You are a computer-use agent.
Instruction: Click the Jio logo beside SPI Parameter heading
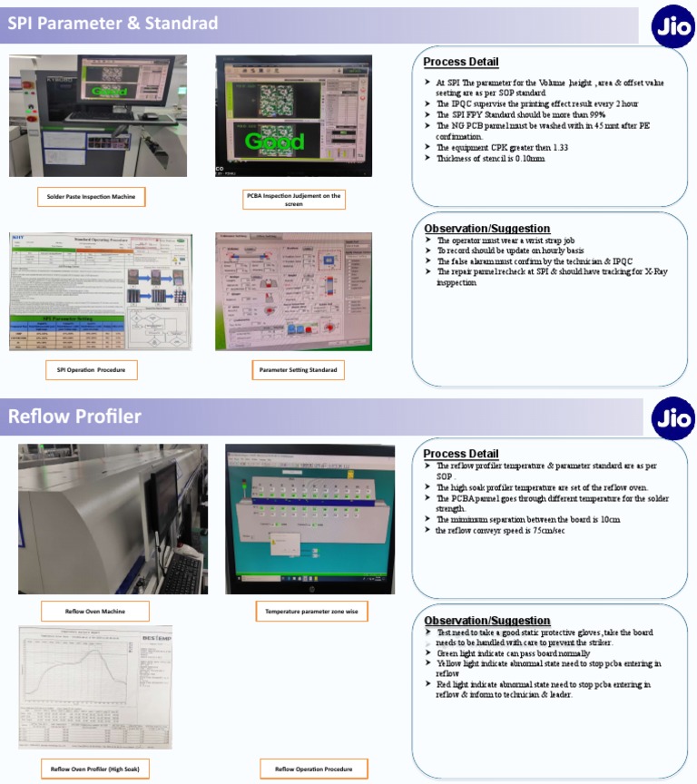(x=672, y=27)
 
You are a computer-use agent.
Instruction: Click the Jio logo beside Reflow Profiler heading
(x=672, y=418)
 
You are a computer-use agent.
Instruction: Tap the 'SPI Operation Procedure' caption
(x=92, y=370)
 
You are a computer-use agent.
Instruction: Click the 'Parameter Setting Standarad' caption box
(x=298, y=370)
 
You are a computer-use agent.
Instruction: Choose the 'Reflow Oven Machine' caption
(x=94, y=612)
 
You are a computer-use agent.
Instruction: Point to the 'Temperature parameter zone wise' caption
(x=311, y=612)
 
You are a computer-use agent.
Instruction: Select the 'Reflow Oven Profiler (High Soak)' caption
(x=95, y=769)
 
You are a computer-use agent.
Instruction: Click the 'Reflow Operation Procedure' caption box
(x=313, y=769)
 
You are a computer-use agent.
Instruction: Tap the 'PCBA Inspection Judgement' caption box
(x=293, y=200)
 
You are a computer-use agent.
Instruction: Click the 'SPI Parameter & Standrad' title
(x=113, y=23)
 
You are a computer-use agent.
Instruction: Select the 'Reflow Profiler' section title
(x=74, y=416)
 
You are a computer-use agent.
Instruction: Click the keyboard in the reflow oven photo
(x=182, y=573)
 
